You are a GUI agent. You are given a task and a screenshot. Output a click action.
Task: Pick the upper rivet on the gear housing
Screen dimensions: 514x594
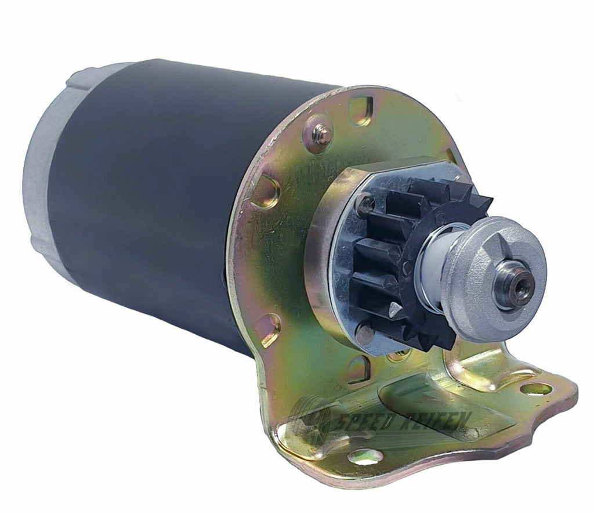(364, 202)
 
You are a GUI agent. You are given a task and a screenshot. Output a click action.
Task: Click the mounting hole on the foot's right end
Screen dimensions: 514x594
(536, 389)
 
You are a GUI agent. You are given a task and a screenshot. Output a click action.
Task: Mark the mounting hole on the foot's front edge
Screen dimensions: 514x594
(365, 457)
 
